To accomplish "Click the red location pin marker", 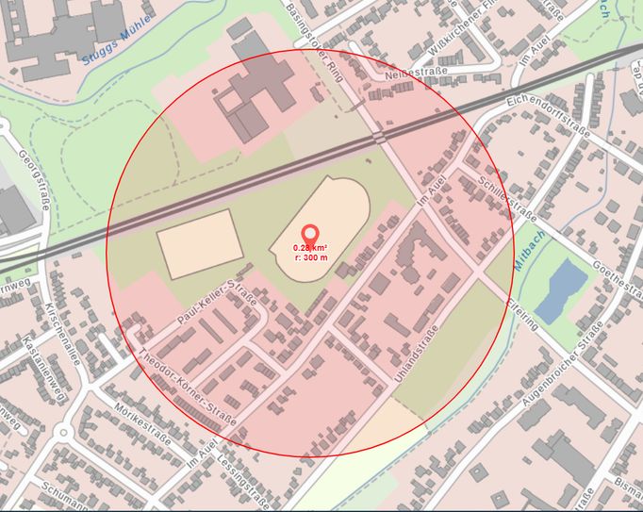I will point(309,233).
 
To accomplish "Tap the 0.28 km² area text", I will point(309,248).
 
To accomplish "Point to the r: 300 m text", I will point(309,256).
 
